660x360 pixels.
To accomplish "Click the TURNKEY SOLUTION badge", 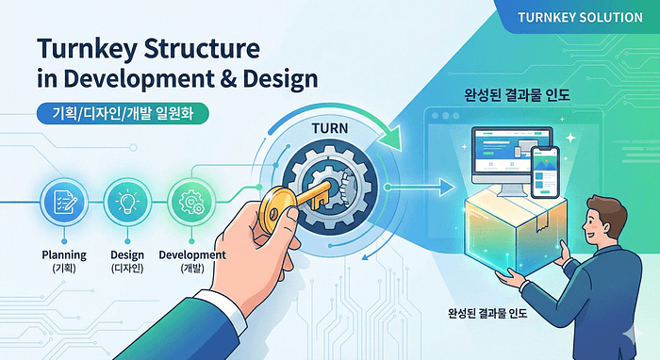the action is tap(580, 17).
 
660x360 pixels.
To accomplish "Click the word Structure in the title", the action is tap(202, 49).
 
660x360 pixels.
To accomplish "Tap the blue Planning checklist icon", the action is tap(64, 202).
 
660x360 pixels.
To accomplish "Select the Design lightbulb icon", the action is tap(127, 202).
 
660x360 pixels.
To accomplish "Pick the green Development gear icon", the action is tap(191, 202).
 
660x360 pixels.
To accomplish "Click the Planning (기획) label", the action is tap(64, 261).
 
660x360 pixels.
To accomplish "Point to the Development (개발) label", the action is tap(192, 261).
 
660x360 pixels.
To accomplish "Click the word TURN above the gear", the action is tap(330, 128).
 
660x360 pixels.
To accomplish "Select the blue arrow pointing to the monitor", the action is tap(421, 187).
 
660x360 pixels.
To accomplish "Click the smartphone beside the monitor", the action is tap(545, 172).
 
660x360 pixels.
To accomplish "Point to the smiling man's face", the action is tap(600, 223).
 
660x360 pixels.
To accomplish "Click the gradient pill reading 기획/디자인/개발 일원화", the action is tap(123, 113).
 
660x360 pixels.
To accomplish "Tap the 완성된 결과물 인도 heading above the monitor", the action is tap(518, 94).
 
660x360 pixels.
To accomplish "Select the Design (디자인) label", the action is tap(127, 261).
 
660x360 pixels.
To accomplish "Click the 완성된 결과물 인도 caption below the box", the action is tap(487, 313).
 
